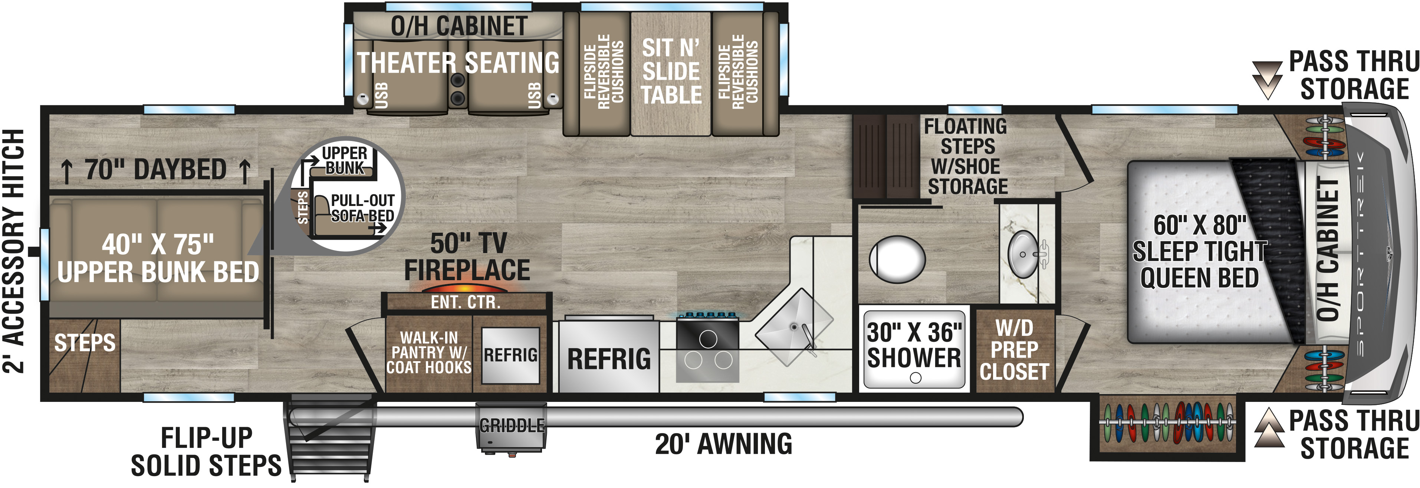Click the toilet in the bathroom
click(x=897, y=259)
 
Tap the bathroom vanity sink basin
click(x=1023, y=254)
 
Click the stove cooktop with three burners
click(x=707, y=350)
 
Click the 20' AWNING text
click(x=723, y=444)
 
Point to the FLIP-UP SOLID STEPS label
click(x=206, y=452)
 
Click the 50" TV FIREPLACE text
click(x=467, y=257)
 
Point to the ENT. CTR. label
click(x=466, y=302)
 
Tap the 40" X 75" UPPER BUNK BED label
click(x=158, y=258)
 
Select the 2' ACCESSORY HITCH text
click(x=14, y=251)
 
